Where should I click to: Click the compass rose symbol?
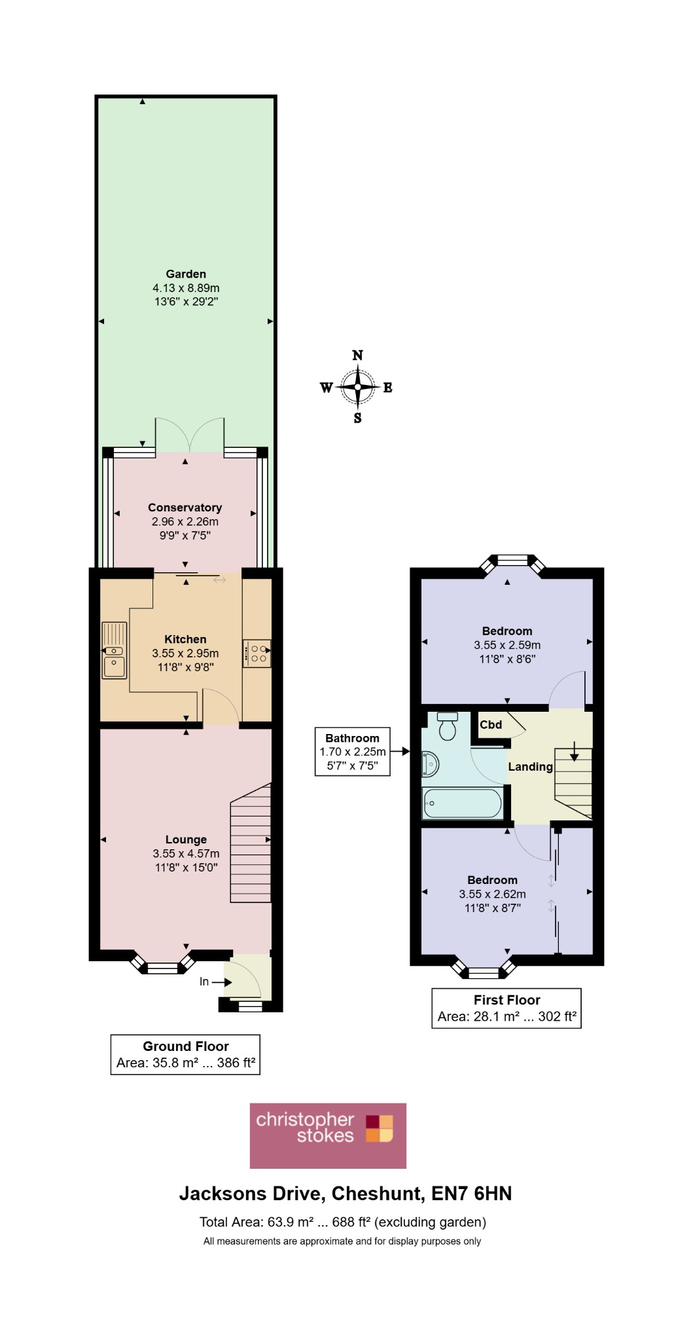tap(357, 387)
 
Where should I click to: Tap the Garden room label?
tap(186, 274)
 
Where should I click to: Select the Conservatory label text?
tap(185, 507)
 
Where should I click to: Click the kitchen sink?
tap(114, 650)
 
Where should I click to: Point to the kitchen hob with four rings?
tap(256, 653)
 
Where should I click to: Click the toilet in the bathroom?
tap(448, 726)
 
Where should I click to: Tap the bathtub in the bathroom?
tap(463, 803)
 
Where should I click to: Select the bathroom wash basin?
tap(430, 763)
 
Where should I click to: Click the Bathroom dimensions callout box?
tap(353, 752)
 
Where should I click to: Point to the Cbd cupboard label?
tap(491, 725)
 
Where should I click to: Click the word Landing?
tap(531, 767)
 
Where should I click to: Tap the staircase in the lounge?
tap(251, 843)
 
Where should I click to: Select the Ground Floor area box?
tap(185, 1054)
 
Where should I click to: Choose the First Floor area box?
tap(506, 1008)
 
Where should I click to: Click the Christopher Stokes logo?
tap(328, 1136)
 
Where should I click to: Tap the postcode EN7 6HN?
tap(472, 1194)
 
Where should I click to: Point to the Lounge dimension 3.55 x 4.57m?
tap(186, 854)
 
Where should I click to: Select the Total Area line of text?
tap(343, 1222)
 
